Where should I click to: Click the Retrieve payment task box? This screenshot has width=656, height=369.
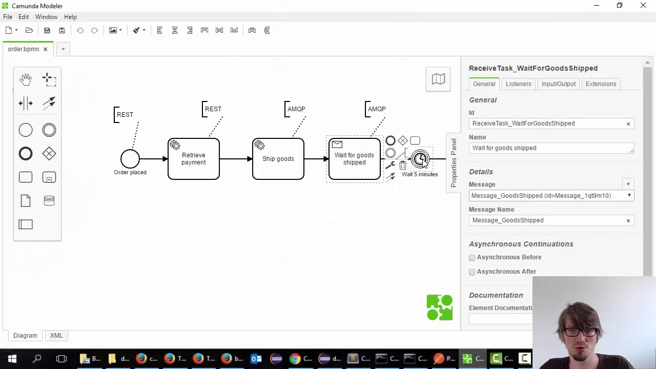coord(194,159)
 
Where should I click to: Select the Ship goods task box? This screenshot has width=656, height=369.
coord(278,159)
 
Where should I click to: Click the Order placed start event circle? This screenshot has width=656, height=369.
coord(130,159)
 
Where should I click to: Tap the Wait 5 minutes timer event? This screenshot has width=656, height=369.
coord(420,159)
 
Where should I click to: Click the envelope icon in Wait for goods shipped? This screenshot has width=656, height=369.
coord(337,145)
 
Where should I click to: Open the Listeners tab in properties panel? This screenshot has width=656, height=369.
coord(518,84)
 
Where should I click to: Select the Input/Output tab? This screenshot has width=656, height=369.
coord(558,84)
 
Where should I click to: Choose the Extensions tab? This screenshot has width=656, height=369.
coord(601,84)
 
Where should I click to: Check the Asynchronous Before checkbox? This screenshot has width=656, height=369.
coord(472,258)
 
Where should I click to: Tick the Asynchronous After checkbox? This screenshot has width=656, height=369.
coord(472,272)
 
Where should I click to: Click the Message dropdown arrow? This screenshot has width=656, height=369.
coord(629,196)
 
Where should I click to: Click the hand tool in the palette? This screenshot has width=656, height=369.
coord(26,79)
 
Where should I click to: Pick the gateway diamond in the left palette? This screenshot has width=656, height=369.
coord(49,154)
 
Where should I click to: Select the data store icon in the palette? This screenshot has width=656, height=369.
coord(49,201)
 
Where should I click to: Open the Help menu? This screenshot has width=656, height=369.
coord(70,17)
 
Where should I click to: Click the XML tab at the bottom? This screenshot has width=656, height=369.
coord(56,336)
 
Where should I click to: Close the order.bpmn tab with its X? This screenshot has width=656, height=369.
coord(45,49)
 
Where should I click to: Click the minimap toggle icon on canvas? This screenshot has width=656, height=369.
coord(438,79)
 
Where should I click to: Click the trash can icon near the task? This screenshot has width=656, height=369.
coord(403,166)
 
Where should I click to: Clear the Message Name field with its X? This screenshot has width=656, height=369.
coord(628,220)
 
